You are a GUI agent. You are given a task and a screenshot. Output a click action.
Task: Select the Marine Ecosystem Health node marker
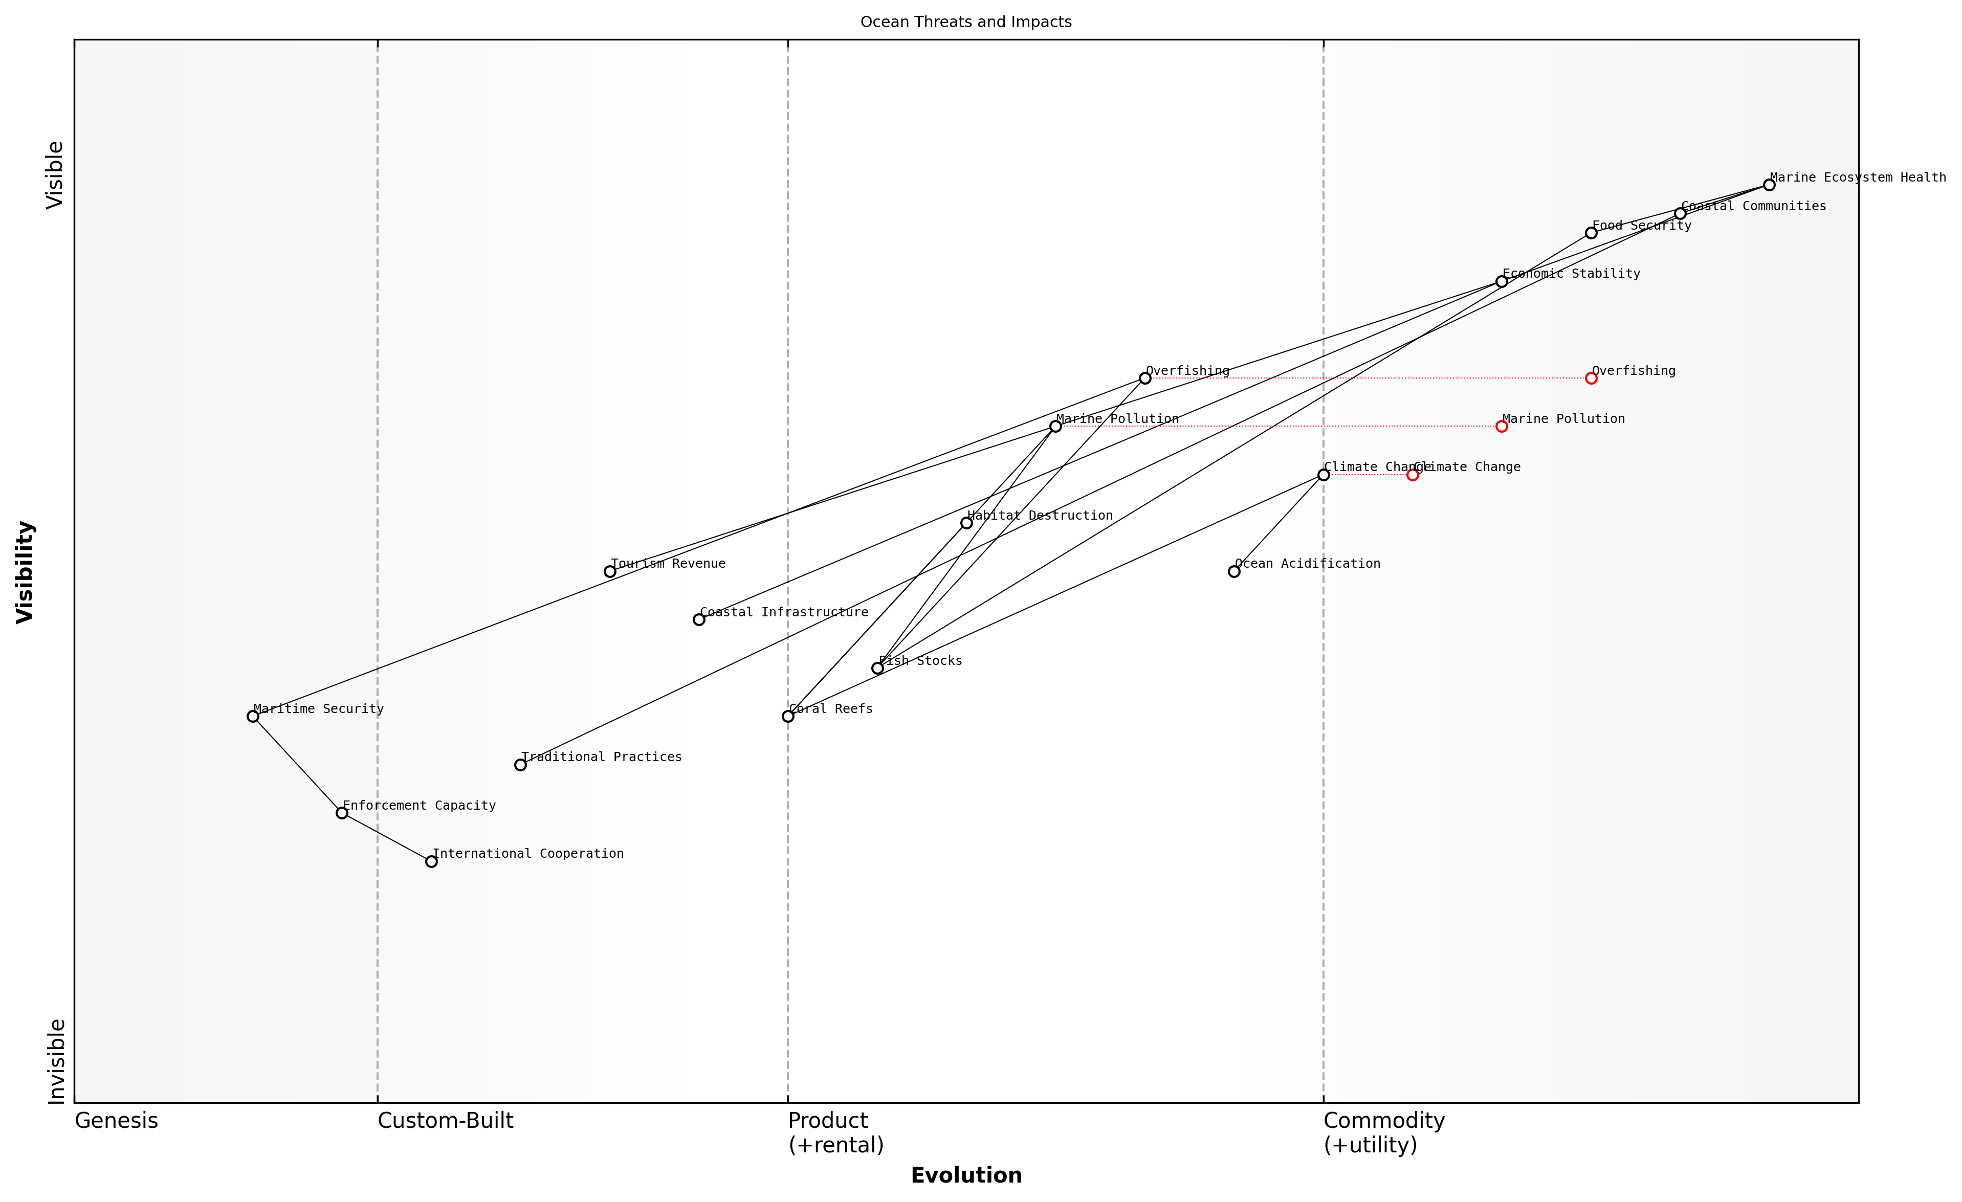pyautogui.click(x=1769, y=185)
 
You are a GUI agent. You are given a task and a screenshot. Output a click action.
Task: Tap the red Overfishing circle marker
pyautogui.click(x=1590, y=378)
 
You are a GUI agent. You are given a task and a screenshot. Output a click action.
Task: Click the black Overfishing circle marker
pyautogui.click(x=1144, y=378)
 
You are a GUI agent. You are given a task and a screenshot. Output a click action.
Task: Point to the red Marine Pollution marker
pyautogui.click(x=1501, y=426)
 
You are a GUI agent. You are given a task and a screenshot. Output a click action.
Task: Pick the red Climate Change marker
pyautogui.click(x=1412, y=475)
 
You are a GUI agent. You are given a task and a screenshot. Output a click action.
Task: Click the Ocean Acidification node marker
pyautogui.click(x=1233, y=571)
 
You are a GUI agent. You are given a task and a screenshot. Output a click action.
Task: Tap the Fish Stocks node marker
pyautogui.click(x=877, y=668)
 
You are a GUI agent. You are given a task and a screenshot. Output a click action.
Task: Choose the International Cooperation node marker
pyautogui.click(x=431, y=861)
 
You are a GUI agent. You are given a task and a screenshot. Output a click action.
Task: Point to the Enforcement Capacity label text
pyautogui.click(x=419, y=806)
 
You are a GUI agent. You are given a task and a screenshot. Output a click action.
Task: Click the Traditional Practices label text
pyautogui.click(x=601, y=757)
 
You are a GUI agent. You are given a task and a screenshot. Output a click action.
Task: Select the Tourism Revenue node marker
pyautogui.click(x=609, y=571)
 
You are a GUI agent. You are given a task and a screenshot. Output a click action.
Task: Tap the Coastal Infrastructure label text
pyautogui.click(x=784, y=612)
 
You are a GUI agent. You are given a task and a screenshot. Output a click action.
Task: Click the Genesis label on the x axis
pyautogui.click(x=116, y=1121)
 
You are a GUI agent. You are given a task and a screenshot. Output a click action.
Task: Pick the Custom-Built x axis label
pyautogui.click(x=445, y=1121)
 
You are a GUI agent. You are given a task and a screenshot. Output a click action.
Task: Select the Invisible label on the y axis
pyautogui.click(x=56, y=1061)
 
